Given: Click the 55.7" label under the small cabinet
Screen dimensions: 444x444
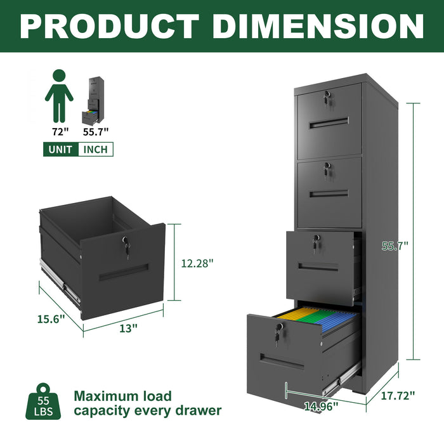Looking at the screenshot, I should pos(96,131).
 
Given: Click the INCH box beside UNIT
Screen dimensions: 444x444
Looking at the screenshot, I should pos(95,150).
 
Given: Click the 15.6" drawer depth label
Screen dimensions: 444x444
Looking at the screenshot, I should pos(51,318).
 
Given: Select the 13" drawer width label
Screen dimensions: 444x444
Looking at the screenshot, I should pos(128,328).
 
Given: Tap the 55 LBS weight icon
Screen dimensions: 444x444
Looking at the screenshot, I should pos(44,402).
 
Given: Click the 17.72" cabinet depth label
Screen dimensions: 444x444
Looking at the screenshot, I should pos(398,395).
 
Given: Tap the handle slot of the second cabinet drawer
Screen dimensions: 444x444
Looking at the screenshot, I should pos(329,193).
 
